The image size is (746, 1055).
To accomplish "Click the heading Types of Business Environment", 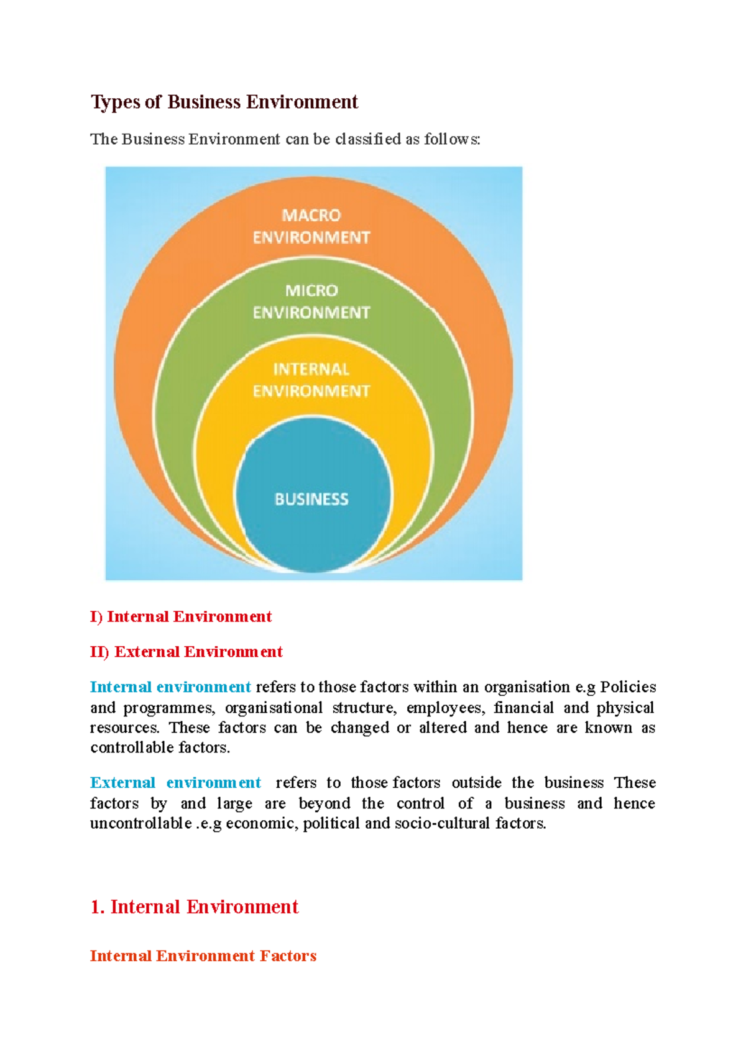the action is tap(224, 102).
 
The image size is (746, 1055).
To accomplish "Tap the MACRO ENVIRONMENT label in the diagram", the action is tap(311, 226).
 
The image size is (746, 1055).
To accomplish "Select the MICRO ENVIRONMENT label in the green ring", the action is tap(311, 301).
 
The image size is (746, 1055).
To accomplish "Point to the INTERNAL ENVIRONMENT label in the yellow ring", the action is tap(311, 380).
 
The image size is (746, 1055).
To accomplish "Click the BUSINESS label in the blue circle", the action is tap(311, 499).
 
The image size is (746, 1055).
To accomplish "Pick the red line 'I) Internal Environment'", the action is tap(181, 616).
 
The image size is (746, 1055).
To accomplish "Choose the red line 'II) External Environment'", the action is tap(186, 652).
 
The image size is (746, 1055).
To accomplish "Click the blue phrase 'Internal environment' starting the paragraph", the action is tap(170, 687).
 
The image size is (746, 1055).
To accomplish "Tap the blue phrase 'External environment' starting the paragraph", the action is tap(175, 783).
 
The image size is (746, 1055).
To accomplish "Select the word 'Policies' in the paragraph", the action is tap(628, 687).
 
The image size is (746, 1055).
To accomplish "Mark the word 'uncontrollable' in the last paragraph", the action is tap(141, 824).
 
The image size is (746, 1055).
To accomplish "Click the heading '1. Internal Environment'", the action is tap(194, 907).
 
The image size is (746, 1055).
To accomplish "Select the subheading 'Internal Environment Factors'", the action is tap(203, 956).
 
